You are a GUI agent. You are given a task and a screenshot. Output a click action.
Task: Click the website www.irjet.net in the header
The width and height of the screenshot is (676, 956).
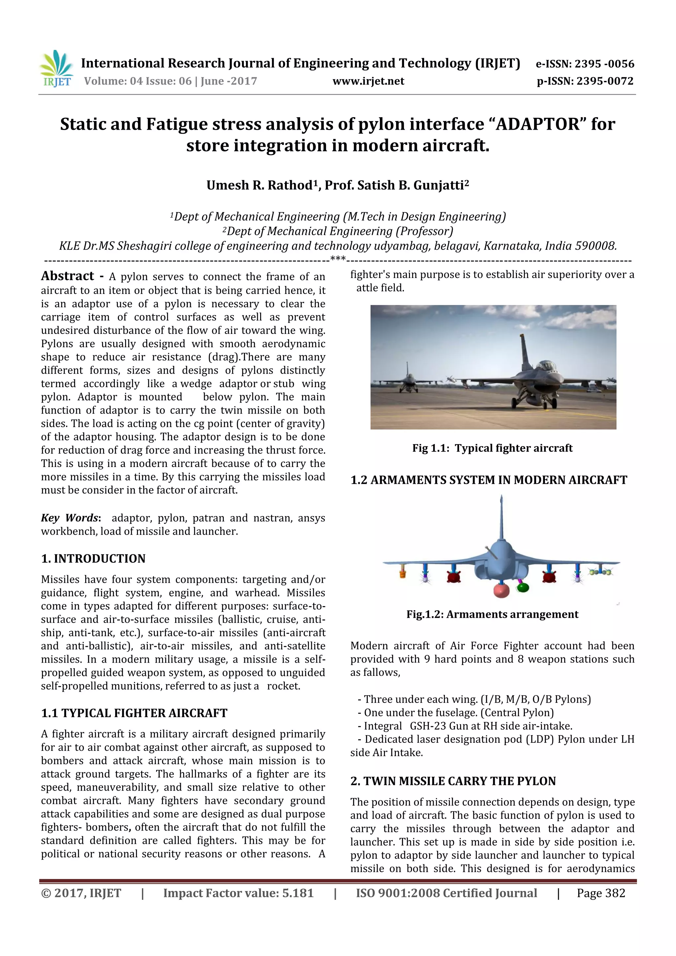(x=368, y=81)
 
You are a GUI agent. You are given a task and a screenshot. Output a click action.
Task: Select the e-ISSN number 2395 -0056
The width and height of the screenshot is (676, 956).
(x=604, y=64)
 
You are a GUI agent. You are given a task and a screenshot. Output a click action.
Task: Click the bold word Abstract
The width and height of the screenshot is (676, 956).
(x=67, y=276)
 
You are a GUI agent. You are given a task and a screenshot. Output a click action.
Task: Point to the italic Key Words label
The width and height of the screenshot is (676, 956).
(x=70, y=517)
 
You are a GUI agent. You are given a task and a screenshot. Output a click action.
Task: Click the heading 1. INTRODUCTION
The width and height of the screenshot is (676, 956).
(x=93, y=558)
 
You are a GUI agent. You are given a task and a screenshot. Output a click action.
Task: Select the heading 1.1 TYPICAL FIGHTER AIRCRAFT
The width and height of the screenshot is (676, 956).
(x=134, y=713)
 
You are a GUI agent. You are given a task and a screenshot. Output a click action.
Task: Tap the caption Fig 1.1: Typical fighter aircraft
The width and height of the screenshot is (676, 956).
(x=492, y=448)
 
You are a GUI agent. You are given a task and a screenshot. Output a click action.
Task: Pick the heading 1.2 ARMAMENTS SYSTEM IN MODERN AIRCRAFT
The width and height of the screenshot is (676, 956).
(x=489, y=480)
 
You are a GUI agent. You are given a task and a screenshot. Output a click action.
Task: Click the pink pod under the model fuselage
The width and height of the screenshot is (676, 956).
(x=501, y=591)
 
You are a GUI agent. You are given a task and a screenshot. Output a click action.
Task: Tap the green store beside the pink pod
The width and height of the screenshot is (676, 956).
(x=522, y=587)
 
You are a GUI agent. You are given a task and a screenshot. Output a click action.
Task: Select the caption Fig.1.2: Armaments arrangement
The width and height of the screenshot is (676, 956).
(x=492, y=614)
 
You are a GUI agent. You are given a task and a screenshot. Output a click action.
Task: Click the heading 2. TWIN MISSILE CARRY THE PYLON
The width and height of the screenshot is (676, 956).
(x=453, y=781)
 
